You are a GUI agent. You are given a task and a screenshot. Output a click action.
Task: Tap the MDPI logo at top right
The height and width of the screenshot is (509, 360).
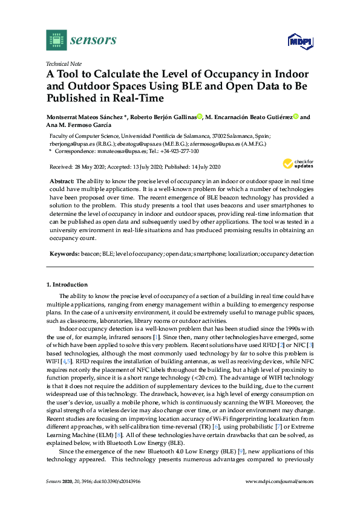tap(299, 42)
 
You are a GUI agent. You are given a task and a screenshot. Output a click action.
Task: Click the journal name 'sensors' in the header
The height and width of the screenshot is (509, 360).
tap(93, 41)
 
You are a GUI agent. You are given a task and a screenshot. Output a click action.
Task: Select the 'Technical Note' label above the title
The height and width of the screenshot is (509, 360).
tap(64, 63)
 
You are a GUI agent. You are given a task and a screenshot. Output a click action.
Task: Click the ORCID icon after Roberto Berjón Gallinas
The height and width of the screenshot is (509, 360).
tap(200, 117)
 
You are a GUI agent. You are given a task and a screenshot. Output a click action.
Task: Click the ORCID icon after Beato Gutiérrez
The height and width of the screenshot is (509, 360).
tap(296, 117)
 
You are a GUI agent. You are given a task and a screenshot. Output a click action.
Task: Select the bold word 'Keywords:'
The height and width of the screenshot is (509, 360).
tap(64, 254)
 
